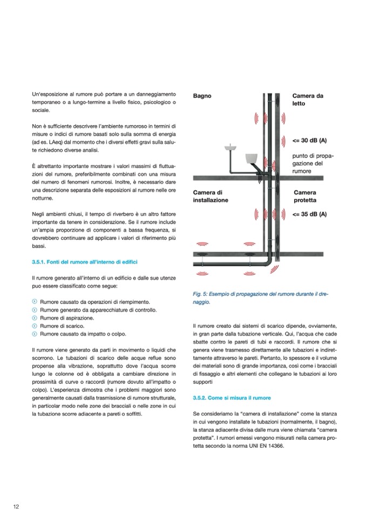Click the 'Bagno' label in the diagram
[x=202, y=96]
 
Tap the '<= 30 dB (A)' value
[x=309, y=140]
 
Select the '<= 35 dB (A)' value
[x=309, y=214]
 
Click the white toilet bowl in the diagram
[x=251, y=158]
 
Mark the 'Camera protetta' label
[x=305, y=196]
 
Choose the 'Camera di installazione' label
[x=211, y=196]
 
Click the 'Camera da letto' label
[x=308, y=99]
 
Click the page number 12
[x=16, y=506]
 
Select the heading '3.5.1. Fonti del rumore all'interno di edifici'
[x=85, y=262]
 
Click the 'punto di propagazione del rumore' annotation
[x=311, y=163]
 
